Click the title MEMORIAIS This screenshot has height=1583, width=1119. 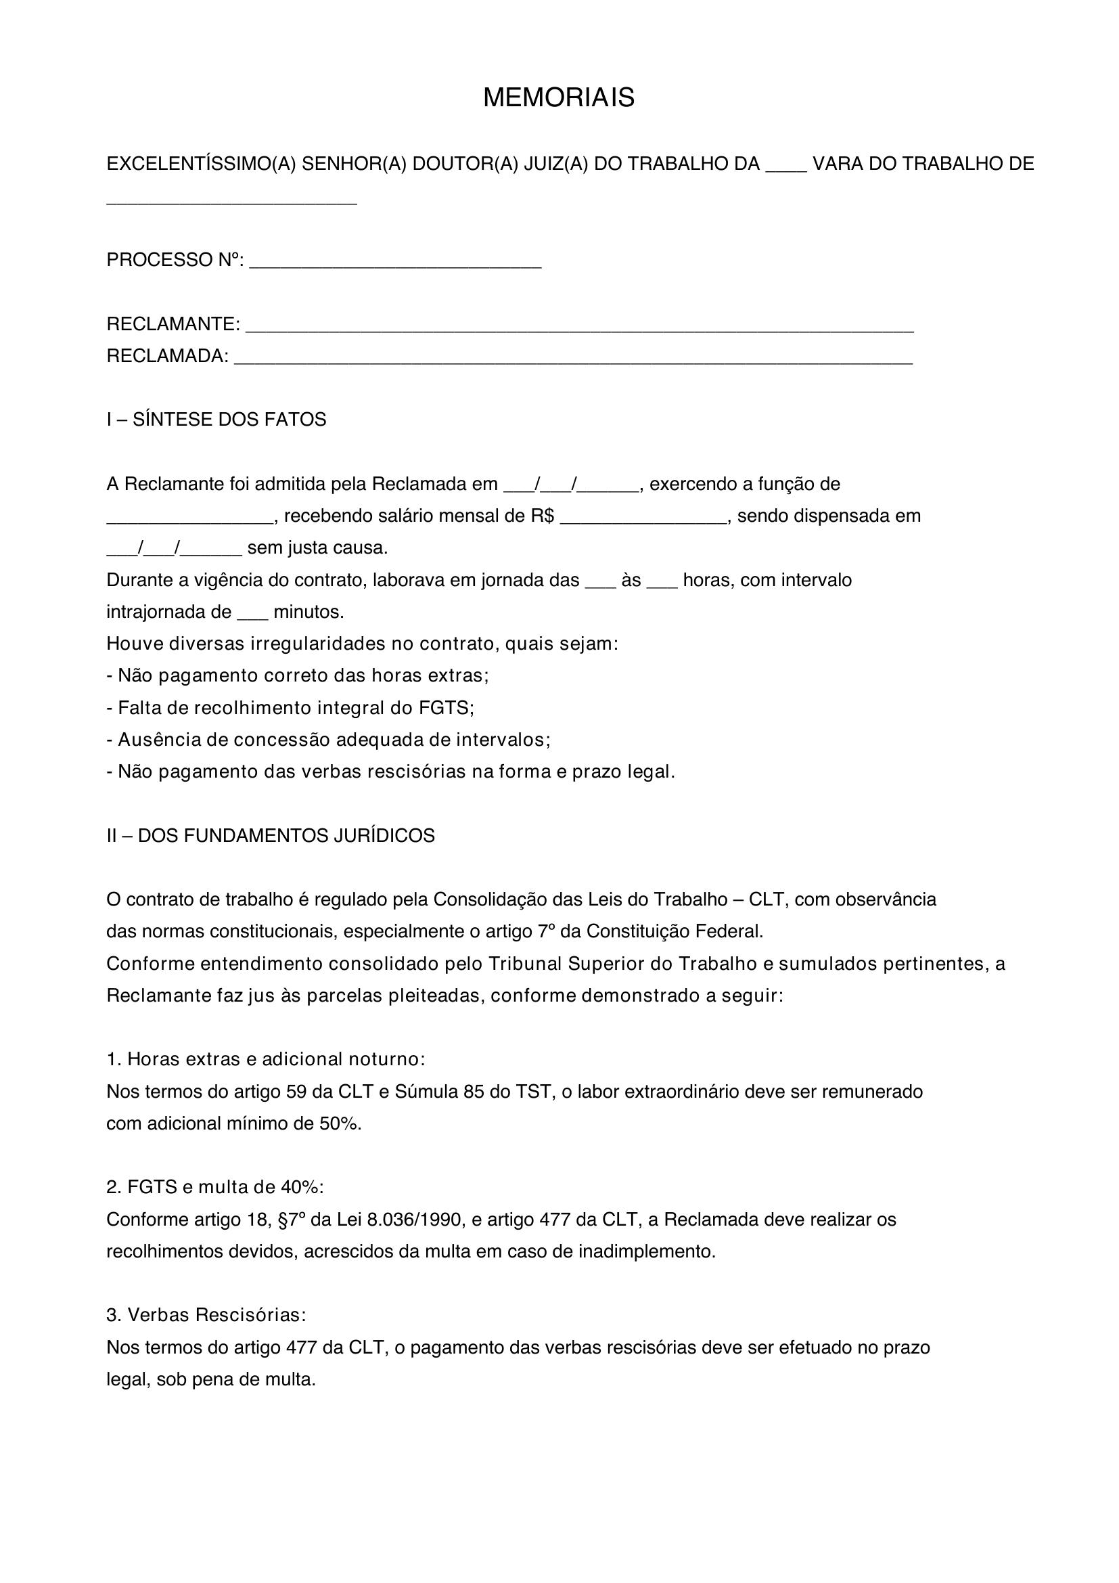(x=558, y=98)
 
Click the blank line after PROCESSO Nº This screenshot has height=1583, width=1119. (x=395, y=263)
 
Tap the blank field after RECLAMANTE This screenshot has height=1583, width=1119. (x=579, y=326)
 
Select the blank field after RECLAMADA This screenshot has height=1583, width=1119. (x=573, y=359)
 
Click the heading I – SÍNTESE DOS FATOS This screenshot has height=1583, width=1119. (x=216, y=420)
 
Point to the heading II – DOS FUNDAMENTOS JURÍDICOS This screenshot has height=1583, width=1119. (x=270, y=837)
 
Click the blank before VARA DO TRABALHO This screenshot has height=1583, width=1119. (x=785, y=165)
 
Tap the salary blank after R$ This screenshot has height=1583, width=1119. (x=643, y=517)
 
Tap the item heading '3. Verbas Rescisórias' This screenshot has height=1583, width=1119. (x=206, y=1316)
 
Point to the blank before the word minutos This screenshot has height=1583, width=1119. (x=252, y=613)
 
